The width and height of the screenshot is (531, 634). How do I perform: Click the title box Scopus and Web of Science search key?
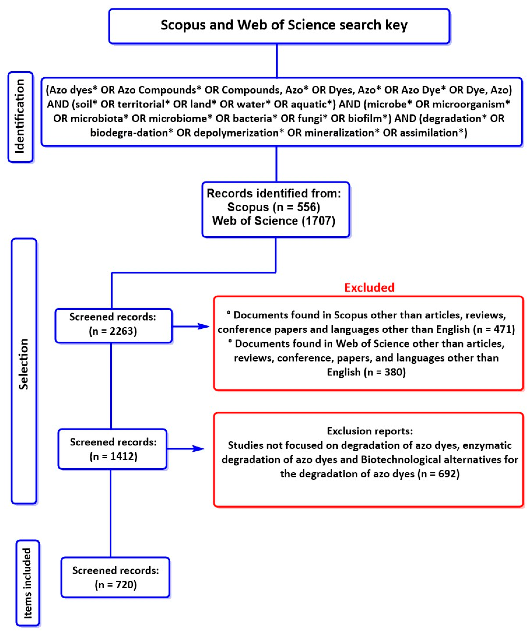(x=279, y=26)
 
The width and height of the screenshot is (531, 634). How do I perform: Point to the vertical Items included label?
(x=27, y=583)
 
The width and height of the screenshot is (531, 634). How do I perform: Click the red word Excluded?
(x=369, y=287)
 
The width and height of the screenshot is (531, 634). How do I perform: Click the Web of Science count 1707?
(x=318, y=221)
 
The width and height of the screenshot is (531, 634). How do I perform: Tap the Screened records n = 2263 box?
(x=113, y=325)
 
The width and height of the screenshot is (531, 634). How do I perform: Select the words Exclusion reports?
(x=369, y=431)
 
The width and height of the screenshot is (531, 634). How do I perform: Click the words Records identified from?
(x=273, y=193)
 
